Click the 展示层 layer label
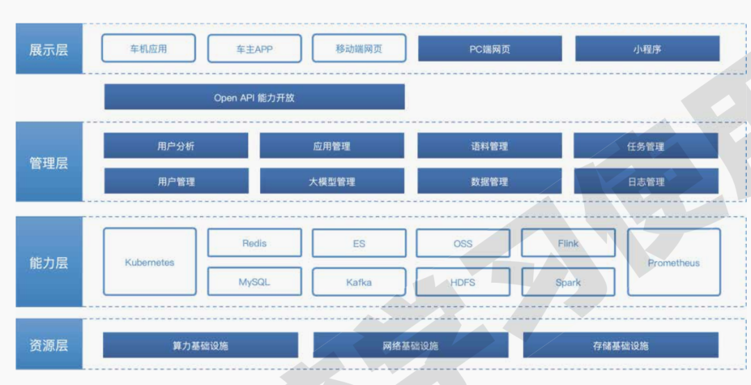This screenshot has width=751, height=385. click(x=49, y=49)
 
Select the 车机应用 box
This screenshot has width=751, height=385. click(x=148, y=49)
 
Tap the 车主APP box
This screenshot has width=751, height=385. click(x=255, y=49)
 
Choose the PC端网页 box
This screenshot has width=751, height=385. click(x=490, y=49)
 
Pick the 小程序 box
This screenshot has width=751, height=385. click(x=647, y=49)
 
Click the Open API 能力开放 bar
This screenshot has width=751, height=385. click(x=255, y=97)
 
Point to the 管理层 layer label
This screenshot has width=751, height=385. click(x=49, y=163)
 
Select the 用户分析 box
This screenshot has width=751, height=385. click(x=176, y=146)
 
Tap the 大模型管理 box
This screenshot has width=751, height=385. click(x=332, y=181)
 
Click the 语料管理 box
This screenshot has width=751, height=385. click(x=490, y=146)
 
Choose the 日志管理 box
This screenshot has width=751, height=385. click(x=646, y=181)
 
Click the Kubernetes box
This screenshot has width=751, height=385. click(x=150, y=262)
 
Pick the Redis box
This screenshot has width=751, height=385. click(x=255, y=243)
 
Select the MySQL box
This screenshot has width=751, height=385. click(x=255, y=282)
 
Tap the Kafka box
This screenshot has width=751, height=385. click(x=359, y=282)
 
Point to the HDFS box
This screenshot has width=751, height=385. click(x=463, y=282)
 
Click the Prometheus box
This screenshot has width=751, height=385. click(x=674, y=262)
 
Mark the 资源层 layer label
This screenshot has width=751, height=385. click(x=49, y=345)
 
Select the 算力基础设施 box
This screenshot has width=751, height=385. click(x=200, y=345)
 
